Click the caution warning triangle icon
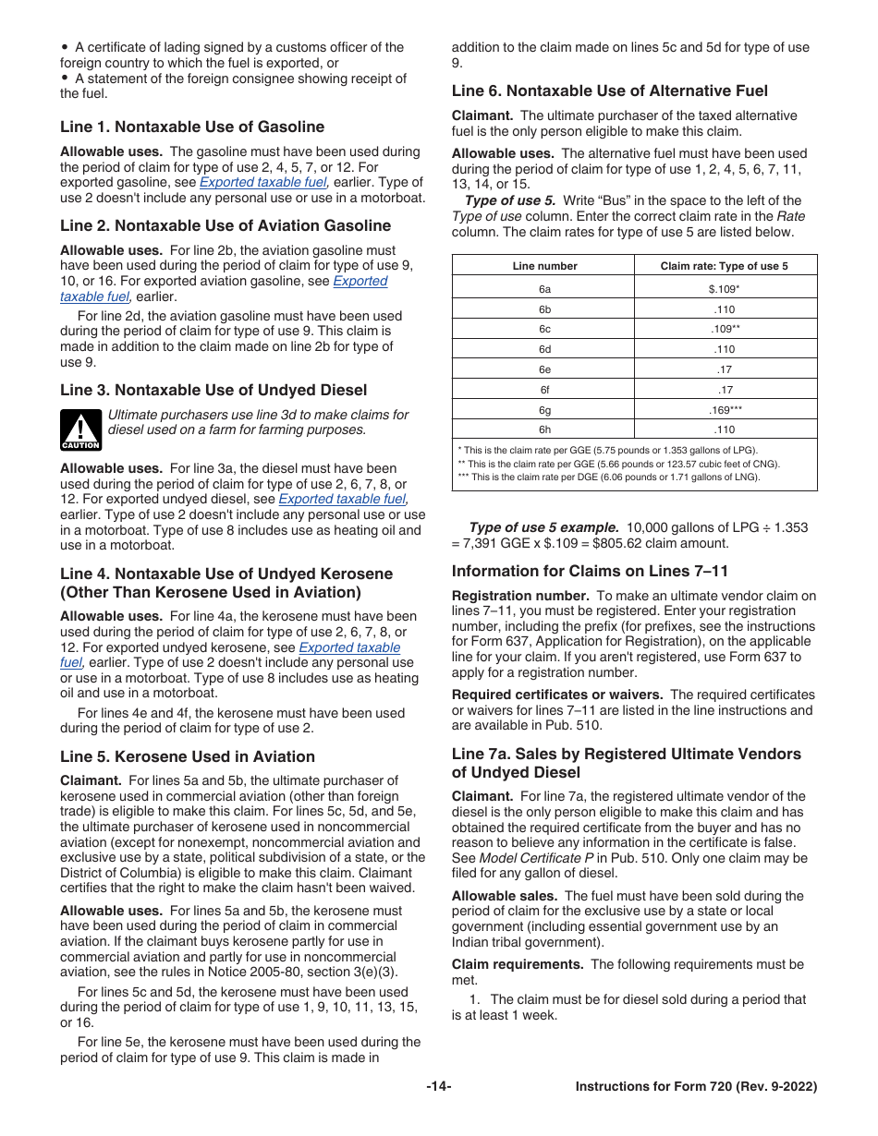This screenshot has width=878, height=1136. tap(80, 429)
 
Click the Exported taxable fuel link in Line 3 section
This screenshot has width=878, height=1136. tap(342, 500)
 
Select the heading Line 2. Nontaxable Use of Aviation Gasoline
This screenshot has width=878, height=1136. tap(226, 226)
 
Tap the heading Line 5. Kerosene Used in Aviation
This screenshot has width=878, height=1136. tap(188, 756)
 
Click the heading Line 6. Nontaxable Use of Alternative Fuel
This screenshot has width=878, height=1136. tap(609, 91)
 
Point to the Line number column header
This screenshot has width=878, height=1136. tap(544, 266)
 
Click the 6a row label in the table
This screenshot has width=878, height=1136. tap(544, 289)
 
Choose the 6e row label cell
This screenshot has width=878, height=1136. tap(544, 369)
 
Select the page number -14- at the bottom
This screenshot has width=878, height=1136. tap(439, 1087)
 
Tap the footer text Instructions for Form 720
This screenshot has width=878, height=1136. tap(696, 1087)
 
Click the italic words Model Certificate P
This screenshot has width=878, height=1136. tap(536, 858)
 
